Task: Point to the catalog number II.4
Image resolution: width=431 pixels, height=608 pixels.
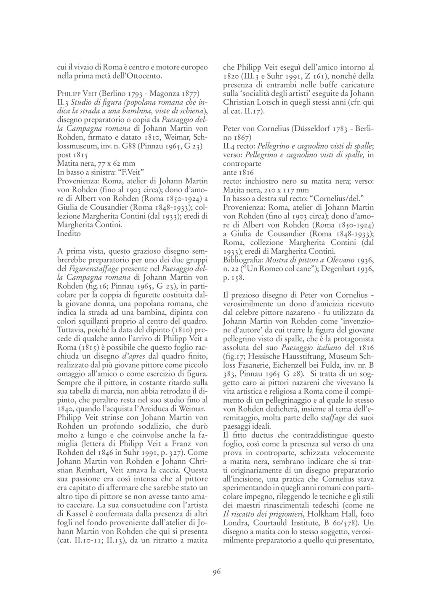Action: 229,147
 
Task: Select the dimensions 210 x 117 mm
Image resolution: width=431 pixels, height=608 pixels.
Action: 280,189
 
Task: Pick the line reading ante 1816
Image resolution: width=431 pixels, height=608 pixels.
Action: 239,173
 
